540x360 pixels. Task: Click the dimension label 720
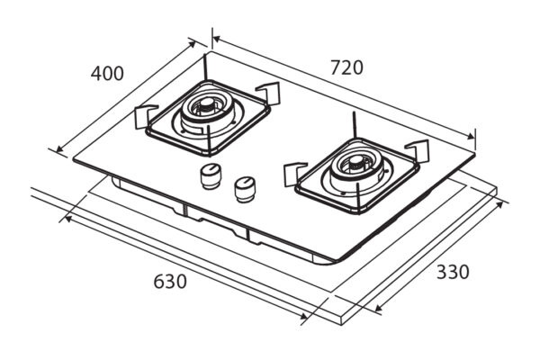pos(346,67)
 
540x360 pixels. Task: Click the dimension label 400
pos(107,74)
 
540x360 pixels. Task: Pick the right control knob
pos(243,188)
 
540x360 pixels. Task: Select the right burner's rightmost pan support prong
pos(416,149)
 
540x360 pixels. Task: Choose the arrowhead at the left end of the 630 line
pos(64,217)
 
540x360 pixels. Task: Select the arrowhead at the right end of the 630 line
pos(307,319)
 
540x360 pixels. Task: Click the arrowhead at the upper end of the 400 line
pos(195,42)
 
